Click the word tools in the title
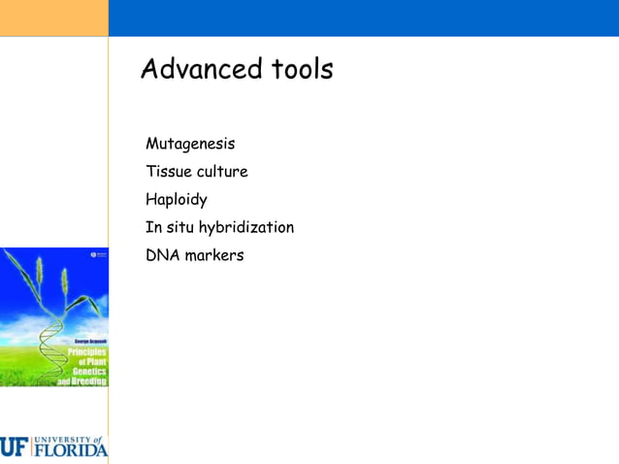[x=301, y=70]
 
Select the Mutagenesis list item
[x=190, y=145]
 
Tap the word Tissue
[x=169, y=172]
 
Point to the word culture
[x=223, y=172]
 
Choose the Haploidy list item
[x=177, y=200]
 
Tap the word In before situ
[x=152, y=228]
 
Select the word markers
[x=214, y=255]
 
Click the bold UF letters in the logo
[x=15, y=447]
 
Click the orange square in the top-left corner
[x=53, y=17]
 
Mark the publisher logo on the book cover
[x=97, y=253]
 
